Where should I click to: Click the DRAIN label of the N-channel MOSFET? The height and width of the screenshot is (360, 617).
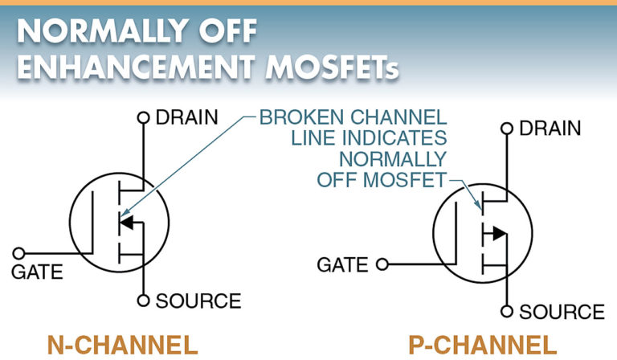pos(186,117)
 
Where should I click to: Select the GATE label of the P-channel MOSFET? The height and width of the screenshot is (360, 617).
pos(343,264)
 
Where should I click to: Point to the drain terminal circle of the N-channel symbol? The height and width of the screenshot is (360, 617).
pos(144,118)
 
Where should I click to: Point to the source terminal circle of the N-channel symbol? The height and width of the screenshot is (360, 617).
pos(144,301)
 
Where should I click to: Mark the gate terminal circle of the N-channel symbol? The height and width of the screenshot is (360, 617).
pos(20,252)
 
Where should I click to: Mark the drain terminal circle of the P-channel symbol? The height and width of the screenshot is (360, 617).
pos(507,129)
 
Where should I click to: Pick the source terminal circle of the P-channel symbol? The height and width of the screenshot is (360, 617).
pos(507,312)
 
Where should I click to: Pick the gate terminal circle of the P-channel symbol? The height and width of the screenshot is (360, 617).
pos(382,264)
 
